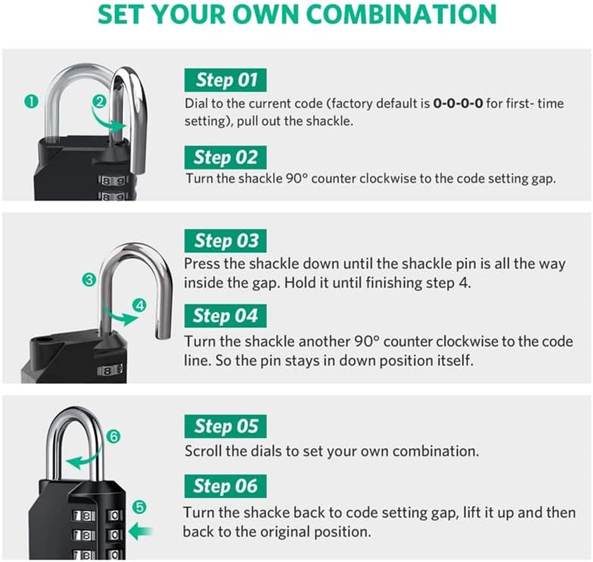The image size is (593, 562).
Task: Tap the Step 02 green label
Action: (225, 157)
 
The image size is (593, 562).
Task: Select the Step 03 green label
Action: (226, 241)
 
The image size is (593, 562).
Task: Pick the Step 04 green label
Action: (225, 315)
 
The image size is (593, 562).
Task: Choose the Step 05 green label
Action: (225, 426)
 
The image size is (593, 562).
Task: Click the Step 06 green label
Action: (225, 485)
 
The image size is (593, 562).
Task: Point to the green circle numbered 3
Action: (88, 280)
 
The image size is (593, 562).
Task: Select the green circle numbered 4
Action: (140, 305)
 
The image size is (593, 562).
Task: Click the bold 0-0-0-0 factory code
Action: (458, 104)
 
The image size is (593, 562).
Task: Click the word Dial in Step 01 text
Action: (196, 104)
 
